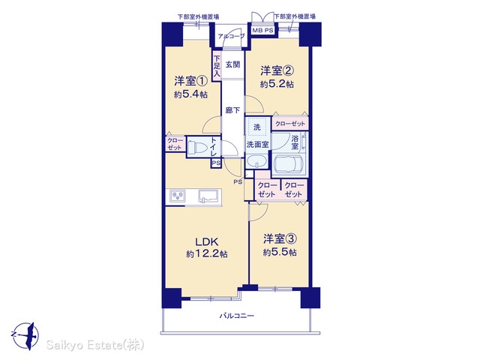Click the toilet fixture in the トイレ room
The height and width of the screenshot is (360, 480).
click(x=197, y=148)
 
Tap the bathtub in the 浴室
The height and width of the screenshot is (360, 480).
click(x=289, y=164)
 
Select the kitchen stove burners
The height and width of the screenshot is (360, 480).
click(x=178, y=196)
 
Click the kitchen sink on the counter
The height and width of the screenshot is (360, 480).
click(x=209, y=196)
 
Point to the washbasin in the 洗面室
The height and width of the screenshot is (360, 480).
click(x=256, y=161)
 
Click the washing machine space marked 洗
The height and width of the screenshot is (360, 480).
click(x=257, y=127)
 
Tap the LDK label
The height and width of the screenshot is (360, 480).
click(x=207, y=241)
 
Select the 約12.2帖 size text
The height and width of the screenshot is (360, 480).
click(x=207, y=254)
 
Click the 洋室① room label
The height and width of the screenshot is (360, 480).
click(x=191, y=81)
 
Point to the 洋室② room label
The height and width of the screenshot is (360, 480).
click(x=277, y=70)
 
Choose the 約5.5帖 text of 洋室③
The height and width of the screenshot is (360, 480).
click(x=280, y=252)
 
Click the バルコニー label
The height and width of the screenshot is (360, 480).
click(x=237, y=316)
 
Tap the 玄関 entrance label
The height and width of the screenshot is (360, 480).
click(x=232, y=64)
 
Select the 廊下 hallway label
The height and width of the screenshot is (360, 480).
click(x=232, y=110)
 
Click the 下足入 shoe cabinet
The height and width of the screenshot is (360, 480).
click(x=217, y=66)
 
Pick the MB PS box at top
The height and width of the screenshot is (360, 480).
click(x=262, y=30)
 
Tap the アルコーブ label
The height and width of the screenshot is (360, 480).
click(x=232, y=36)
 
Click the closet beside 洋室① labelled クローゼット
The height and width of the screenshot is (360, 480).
click(x=175, y=144)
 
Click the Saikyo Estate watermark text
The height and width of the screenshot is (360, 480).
click(x=95, y=345)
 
